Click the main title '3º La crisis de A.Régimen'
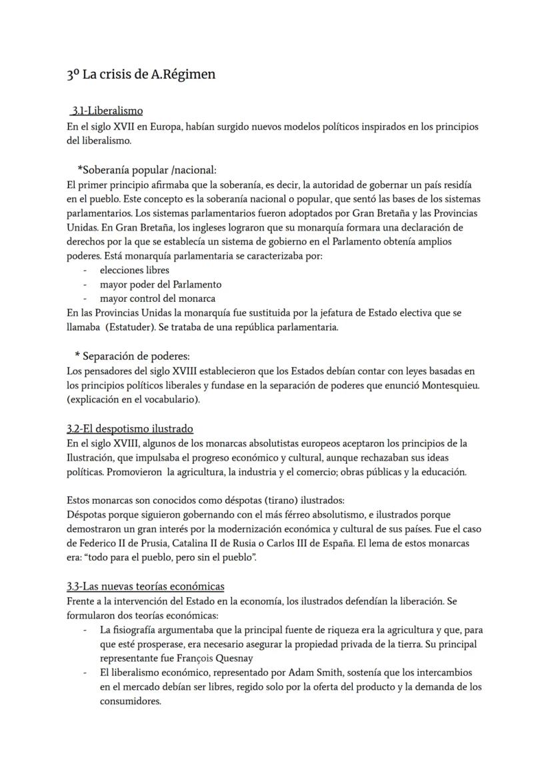pyautogui.click(x=141, y=75)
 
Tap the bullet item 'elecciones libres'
pyautogui.click(x=134, y=270)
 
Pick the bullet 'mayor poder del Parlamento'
pyautogui.click(x=160, y=285)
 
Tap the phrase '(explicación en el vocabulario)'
pyautogui.click(x=133, y=400)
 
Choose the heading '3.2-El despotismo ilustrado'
pyautogui.click(x=130, y=428)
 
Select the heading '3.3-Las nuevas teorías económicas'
pyautogui.click(x=145, y=586)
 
